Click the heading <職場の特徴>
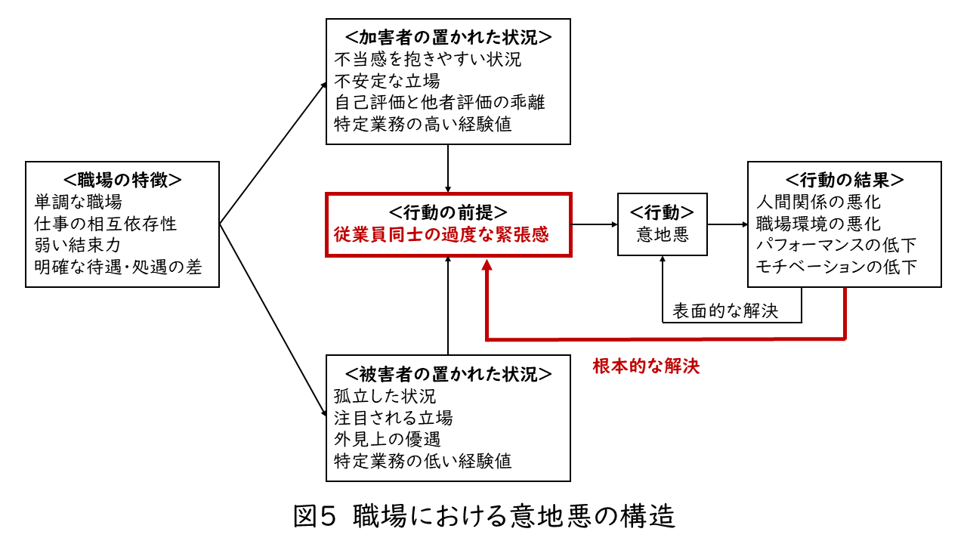[122, 180]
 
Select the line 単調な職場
[78, 202]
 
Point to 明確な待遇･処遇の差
[118, 267]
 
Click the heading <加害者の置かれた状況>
[448, 37]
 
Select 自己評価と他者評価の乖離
[439, 102]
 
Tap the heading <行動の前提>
[448, 212]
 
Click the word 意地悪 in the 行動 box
[662, 234]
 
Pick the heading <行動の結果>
[844, 181]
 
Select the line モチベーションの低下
[836, 267]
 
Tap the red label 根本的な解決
[646, 367]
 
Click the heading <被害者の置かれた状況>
[448, 374]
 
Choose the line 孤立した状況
[385, 396]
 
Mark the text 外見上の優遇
[387, 438]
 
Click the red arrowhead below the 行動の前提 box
[487, 266]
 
